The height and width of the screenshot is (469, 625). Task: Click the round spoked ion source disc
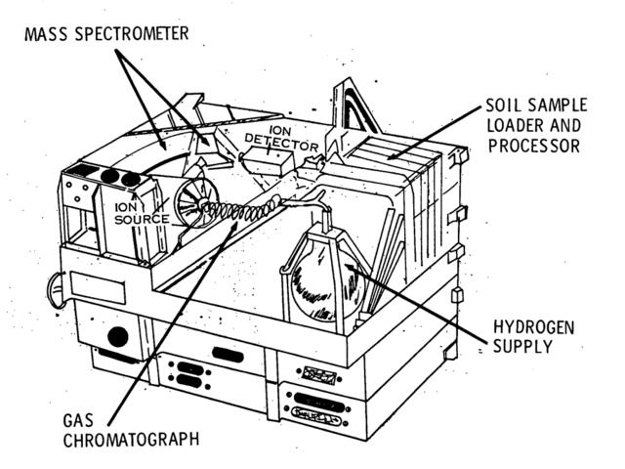[x=192, y=204]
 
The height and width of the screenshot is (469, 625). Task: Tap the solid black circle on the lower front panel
[x=117, y=337]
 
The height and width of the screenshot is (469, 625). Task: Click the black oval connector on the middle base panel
[x=227, y=356]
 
